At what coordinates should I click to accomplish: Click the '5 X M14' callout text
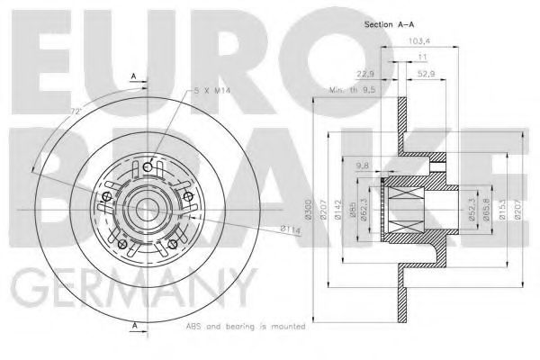tap(213, 91)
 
